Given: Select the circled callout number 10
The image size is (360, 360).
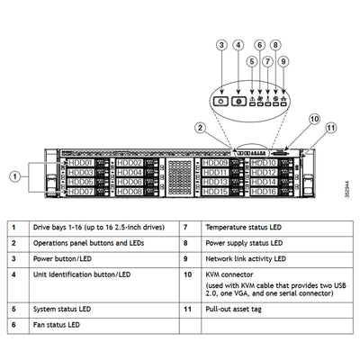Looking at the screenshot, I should click(x=314, y=119).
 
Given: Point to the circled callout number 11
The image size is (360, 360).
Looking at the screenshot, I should click(x=330, y=128).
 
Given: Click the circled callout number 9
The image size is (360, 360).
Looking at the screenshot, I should click(x=283, y=62).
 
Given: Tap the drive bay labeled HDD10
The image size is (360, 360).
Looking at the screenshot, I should click(x=263, y=162).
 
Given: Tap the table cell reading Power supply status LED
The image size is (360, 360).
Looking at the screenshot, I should click(x=246, y=244).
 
